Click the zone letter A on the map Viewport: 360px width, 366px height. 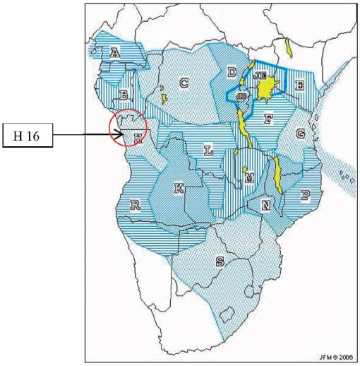pos(115,52)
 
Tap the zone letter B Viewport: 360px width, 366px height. pos(124,94)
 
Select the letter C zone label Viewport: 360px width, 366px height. pos(184,83)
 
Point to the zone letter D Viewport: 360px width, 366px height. pos(232,71)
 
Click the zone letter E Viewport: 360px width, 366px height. pos(299,85)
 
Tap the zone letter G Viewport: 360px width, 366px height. pos(301,134)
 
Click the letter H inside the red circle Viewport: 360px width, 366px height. pos(138,138)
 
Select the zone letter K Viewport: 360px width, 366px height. pos(179,188)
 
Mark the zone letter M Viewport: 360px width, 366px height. pos(248,179)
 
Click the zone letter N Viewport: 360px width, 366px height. pos(265,205)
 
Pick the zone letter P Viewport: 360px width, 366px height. pos(306,194)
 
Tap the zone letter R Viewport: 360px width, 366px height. pos(135,205)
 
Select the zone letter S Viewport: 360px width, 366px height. pos(220,261)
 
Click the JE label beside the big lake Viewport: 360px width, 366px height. pos(258,75)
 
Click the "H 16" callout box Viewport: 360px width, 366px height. pos(29,135)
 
